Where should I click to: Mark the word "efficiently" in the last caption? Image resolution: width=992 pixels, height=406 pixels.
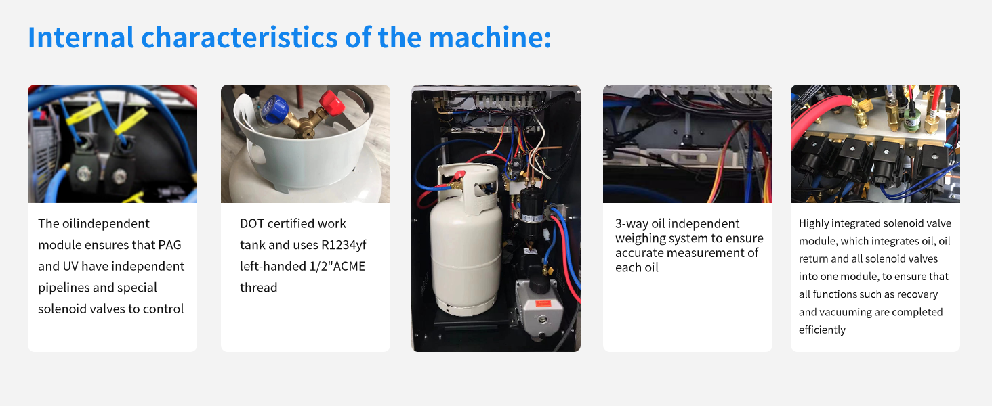(x=822, y=330)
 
